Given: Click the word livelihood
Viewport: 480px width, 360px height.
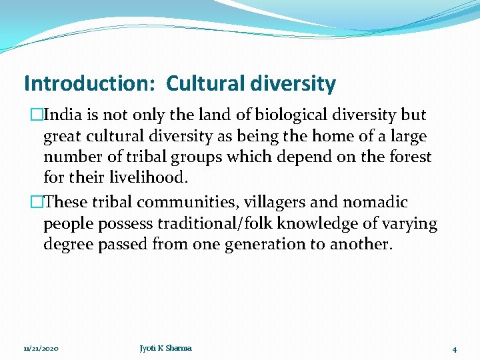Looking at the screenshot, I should (148, 179).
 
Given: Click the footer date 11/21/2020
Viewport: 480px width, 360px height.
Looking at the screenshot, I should (41, 348).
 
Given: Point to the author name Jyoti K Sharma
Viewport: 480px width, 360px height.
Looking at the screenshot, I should (165, 348).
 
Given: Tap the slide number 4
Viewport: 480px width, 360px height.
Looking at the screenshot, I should (453, 349).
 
